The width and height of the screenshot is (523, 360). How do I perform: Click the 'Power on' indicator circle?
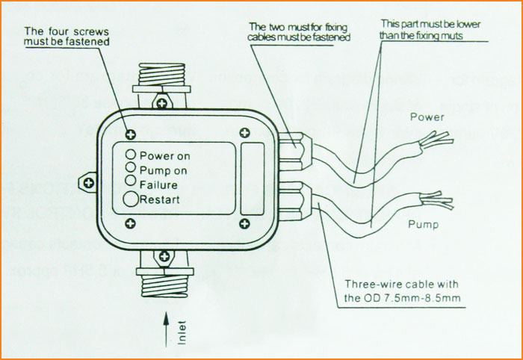pos(130,155)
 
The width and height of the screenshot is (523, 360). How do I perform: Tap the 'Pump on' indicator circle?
pos(130,168)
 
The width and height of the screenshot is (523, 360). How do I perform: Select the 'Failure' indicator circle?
pos(130,181)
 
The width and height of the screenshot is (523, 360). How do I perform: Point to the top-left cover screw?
pos(131,134)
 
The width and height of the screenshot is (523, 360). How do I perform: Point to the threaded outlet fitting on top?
pos(161,75)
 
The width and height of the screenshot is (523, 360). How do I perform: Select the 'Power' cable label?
pos(427,117)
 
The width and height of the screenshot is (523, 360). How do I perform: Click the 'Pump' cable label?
pos(424,224)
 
